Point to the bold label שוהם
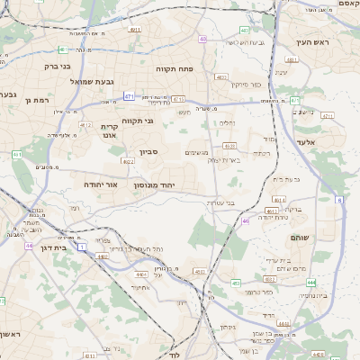tap(301, 237)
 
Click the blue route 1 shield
tap(83, 246)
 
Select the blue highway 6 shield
tap(339, 200)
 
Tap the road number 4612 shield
tap(85, 125)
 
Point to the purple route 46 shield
tap(246, 220)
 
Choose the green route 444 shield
tap(310, 282)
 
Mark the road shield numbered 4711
tap(327, 115)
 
